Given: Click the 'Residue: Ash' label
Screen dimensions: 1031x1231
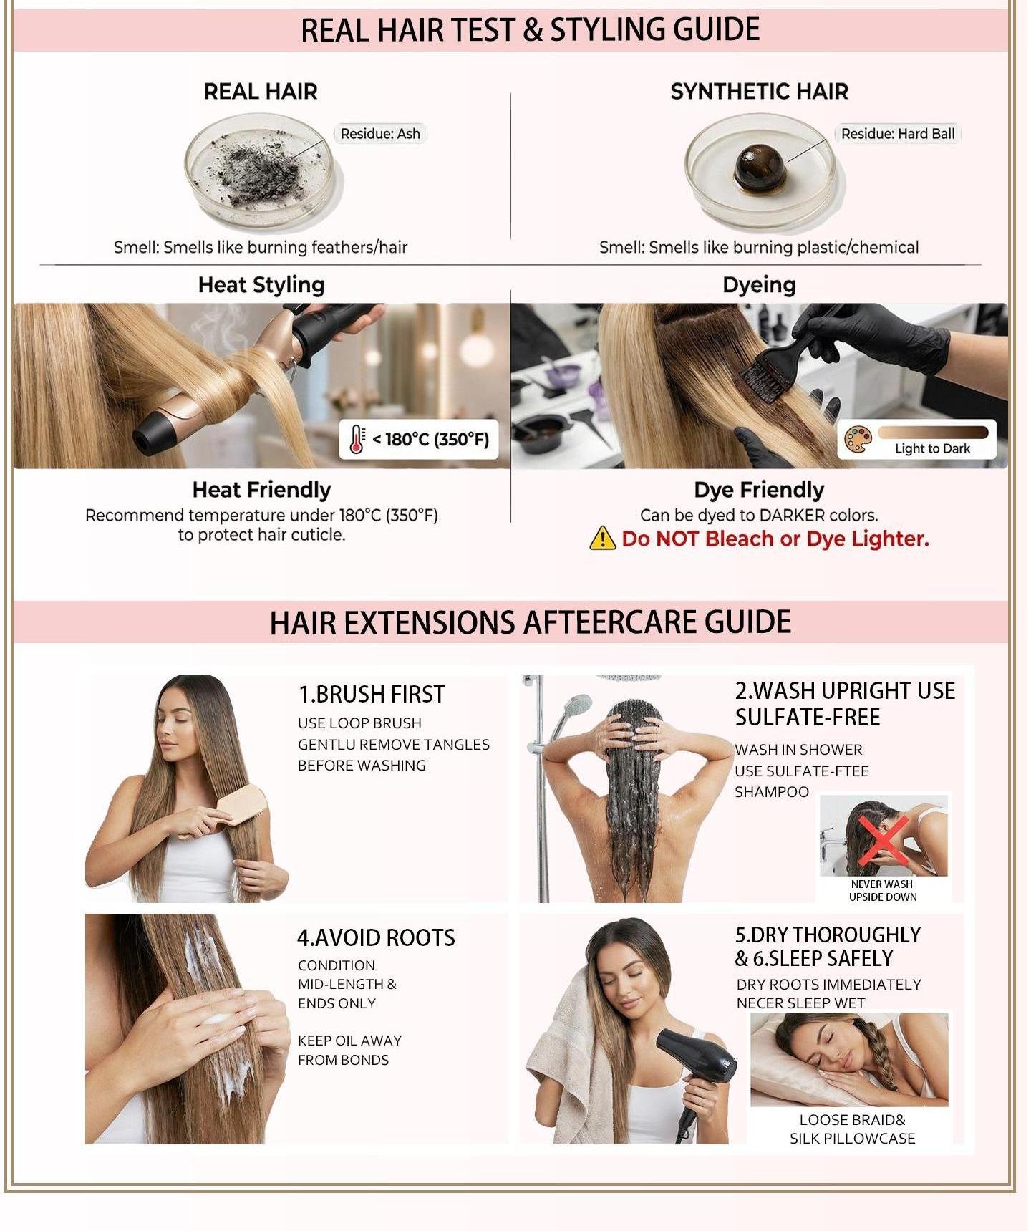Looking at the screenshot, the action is click(x=380, y=134).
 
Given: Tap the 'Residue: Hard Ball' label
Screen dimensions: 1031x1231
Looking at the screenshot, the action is click(x=898, y=134).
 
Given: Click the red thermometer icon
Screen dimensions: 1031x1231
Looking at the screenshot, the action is click(x=357, y=439).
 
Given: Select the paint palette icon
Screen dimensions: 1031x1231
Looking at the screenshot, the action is click(x=858, y=440).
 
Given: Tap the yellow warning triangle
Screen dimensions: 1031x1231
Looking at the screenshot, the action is click(x=602, y=538).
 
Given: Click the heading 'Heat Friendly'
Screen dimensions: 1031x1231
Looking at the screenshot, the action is click(x=261, y=490).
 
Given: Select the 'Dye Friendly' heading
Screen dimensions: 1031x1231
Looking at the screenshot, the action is click(x=759, y=490).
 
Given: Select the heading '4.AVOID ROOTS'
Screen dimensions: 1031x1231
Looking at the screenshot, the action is click(x=376, y=937).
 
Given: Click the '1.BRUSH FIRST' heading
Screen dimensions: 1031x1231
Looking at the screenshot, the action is click(x=372, y=694).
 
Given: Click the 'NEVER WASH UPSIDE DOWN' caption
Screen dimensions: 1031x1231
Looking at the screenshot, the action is click(x=883, y=890).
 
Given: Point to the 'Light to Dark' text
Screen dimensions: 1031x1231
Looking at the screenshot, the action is click(x=932, y=448).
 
